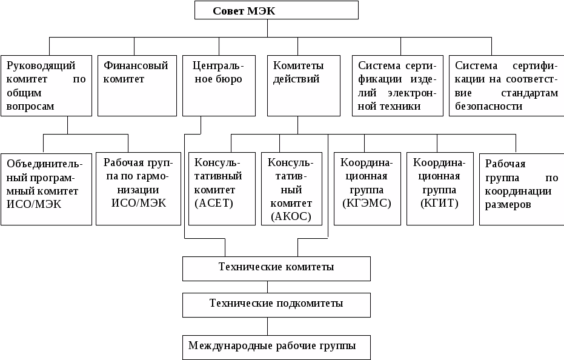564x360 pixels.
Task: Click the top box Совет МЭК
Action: (276, 10)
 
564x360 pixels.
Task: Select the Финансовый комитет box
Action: (137, 85)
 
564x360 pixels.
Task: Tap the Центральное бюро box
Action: (219, 85)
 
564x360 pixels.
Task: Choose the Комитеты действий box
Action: (304, 85)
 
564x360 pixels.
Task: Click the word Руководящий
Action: (41, 66)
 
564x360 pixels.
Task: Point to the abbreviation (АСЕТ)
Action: (214, 203)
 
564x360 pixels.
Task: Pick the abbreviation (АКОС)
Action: (291, 216)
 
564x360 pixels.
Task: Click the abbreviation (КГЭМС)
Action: (367, 203)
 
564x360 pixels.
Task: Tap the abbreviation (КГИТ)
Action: (439, 203)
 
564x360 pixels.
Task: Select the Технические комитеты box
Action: (276, 268)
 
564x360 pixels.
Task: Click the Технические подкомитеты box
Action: (276, 305)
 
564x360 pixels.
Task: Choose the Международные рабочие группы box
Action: (276, 347)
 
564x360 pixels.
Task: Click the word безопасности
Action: (488, 106)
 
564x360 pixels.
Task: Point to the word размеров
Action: (508, 205)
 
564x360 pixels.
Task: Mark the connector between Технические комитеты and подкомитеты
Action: (267, 287)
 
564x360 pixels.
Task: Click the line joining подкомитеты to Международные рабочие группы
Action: (267, 326)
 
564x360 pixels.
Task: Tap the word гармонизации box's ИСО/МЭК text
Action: (139, 203)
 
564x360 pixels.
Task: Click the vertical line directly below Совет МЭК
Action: (267, 28)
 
